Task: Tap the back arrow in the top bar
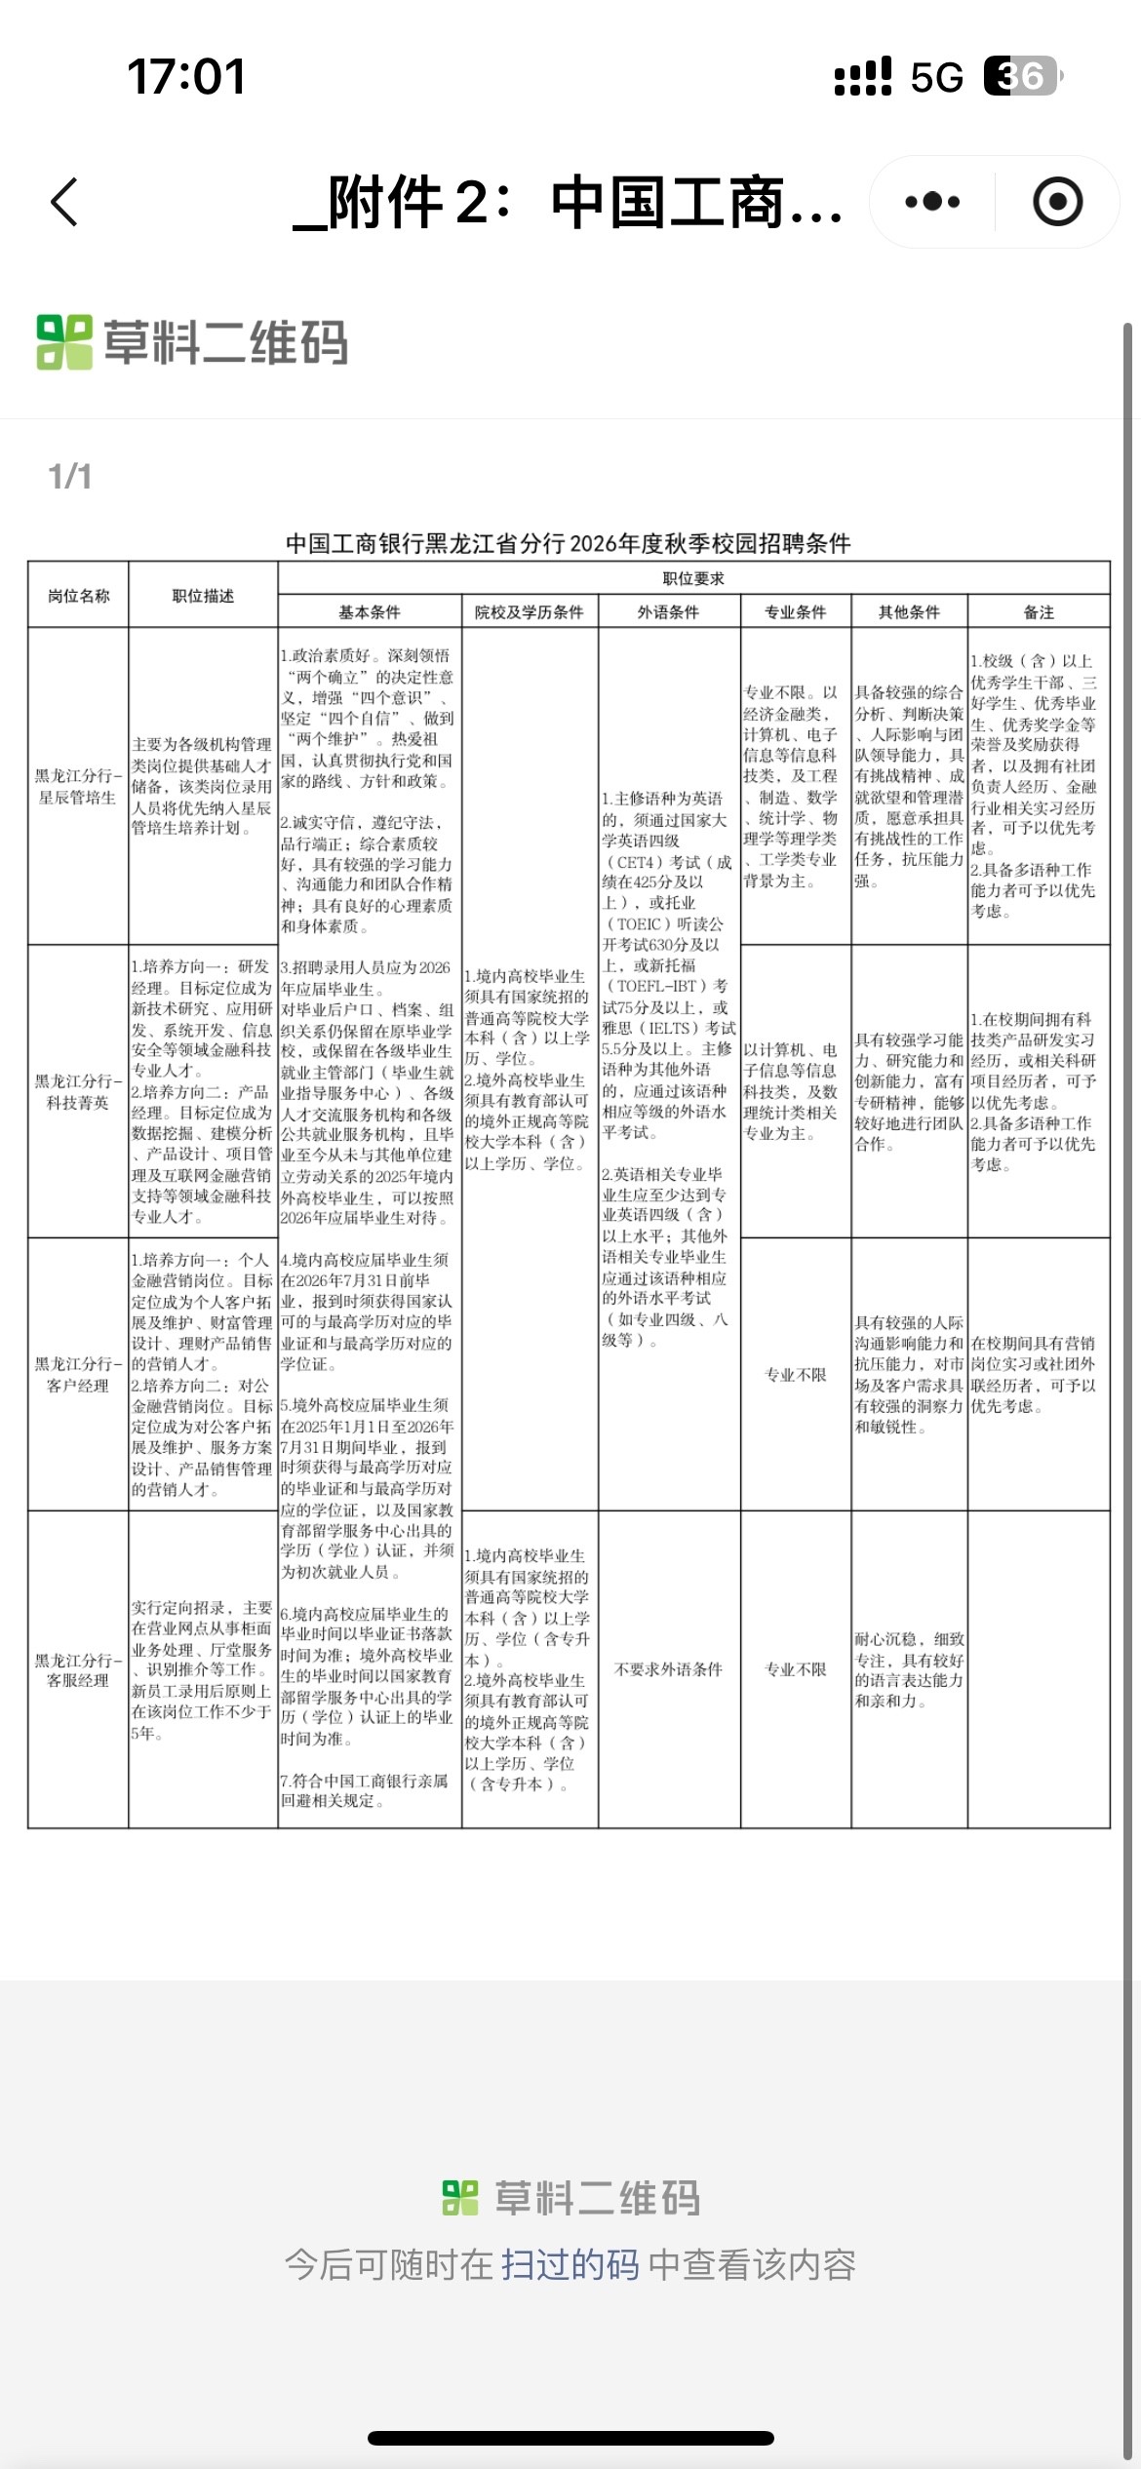pos(64,203)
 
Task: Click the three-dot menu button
pos(932,203)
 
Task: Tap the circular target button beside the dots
pos(1057,203)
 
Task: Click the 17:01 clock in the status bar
pos(185,76)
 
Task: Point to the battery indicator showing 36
pos(1021,76)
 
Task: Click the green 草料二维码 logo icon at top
pos(64,342)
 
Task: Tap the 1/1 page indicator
pos(70,477)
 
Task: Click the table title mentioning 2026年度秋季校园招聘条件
pos(569,543)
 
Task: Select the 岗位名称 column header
pos(79,596)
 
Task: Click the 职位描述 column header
pos(203,596)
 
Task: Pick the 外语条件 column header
pos(669,612)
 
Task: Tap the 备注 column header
pos(1039,612)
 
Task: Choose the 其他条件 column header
pos(909,612)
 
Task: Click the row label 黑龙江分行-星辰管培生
pos(78,786)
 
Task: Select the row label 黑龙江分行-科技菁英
pos(78,1091)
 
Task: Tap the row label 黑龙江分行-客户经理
pos(78,1374)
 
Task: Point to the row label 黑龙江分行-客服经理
pos(78,1669)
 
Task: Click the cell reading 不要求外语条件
pos(669,1669)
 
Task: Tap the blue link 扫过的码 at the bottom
pos(570,2264)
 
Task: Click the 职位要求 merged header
pos(693,578)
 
